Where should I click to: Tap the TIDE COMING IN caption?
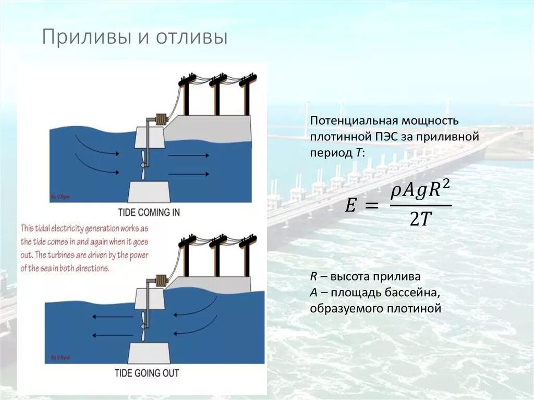coord(149,212)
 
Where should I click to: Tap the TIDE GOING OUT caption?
coord(147,373)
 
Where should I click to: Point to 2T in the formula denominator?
coord(420,221)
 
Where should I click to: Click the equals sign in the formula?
coord(371,207)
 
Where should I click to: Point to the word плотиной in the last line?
coord(416,308)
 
